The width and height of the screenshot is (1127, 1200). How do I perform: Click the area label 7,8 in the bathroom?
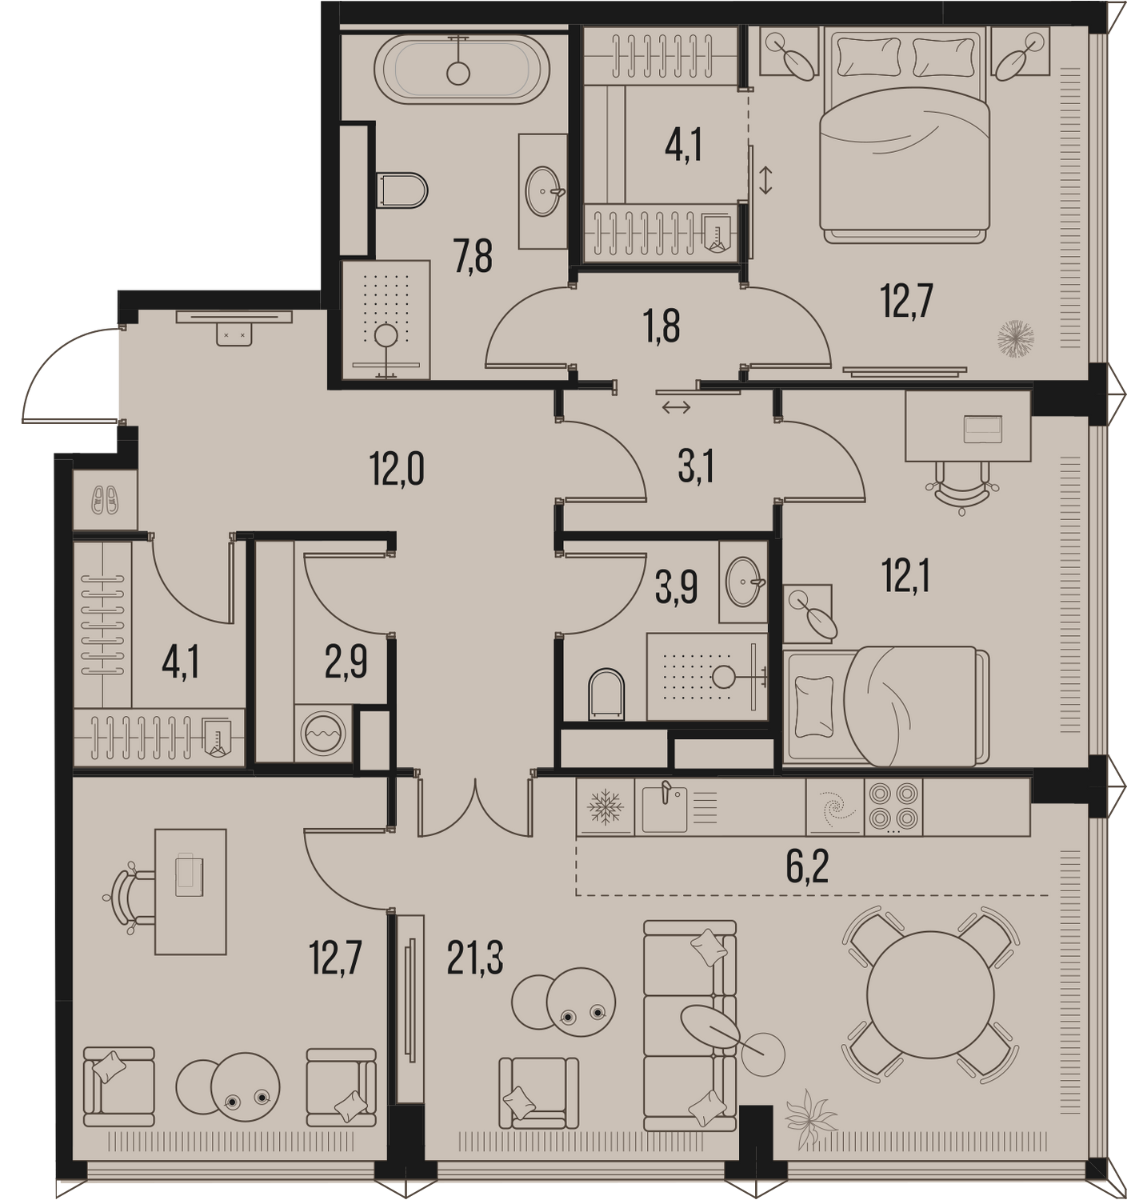474,256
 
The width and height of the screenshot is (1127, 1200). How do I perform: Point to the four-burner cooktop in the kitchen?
893,808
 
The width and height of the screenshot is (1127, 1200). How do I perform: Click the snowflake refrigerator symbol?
605,807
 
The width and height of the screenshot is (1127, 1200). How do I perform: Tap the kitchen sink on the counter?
665,808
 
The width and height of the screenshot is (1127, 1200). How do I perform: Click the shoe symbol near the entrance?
105,500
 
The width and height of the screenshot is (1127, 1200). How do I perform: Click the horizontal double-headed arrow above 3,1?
676,409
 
